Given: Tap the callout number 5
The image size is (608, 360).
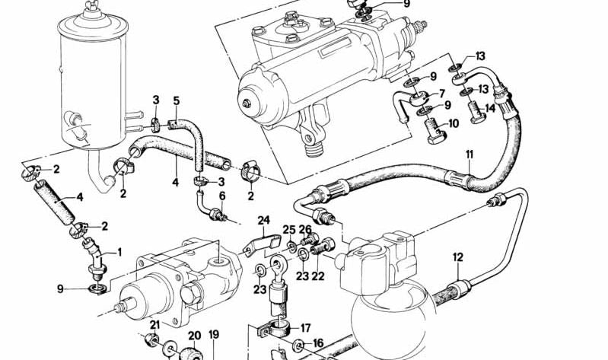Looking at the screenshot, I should point(176,100).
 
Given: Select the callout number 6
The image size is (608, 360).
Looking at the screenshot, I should point(222,196).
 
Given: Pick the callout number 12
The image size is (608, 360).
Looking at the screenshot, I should point(457,256).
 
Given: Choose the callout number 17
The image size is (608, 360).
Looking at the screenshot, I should point(306,329).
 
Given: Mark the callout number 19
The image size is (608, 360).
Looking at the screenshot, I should point(214,334).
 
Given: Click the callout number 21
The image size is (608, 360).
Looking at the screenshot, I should point(154,325).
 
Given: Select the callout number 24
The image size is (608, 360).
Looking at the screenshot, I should point(263,221).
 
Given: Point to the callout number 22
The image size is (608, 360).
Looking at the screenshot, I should point(318,276).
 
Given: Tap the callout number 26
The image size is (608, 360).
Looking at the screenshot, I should point(305,230).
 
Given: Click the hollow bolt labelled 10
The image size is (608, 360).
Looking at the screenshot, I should point(431,131).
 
